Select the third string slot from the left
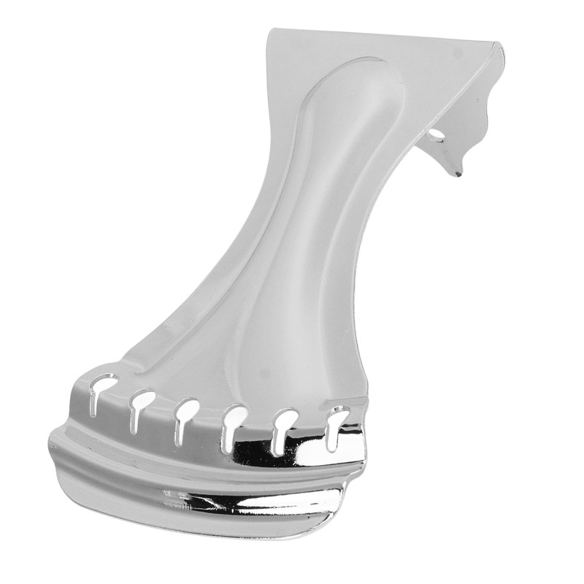185,416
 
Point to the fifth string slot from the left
283,426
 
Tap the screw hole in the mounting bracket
436,135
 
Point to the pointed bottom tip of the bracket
458,174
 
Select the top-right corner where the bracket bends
500,45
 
